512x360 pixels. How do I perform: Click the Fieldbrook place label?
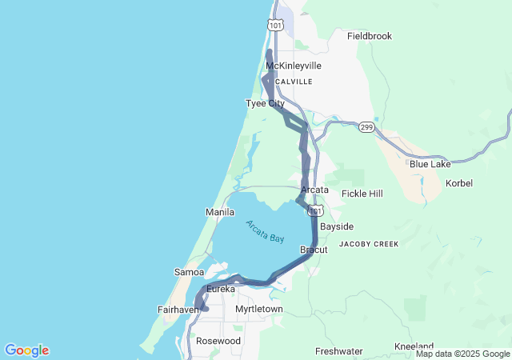point(370,36)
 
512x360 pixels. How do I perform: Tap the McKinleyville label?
point(293,66)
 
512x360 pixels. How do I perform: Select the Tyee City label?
point(265,104)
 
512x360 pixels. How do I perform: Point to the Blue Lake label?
point(430,164)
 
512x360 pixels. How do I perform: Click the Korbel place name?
point(459,183)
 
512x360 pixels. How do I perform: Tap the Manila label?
point(220,212)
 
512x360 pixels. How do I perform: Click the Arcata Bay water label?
point(265,231)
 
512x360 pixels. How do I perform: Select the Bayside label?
point(337,226)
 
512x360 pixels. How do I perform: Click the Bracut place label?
point(314,250)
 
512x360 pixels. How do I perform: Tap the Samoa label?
point(189,272)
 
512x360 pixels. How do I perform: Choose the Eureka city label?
point(221,288)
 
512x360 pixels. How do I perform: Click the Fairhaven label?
point(178,309)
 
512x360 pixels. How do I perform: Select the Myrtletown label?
point(260,309)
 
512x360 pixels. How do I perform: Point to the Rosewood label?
point(218,341)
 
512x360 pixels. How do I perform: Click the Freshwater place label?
point(338,351)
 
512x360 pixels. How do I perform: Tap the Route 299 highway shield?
point(366,127)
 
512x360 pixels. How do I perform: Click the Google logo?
point(26,350)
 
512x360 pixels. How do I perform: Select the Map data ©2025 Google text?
point(462,354)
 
